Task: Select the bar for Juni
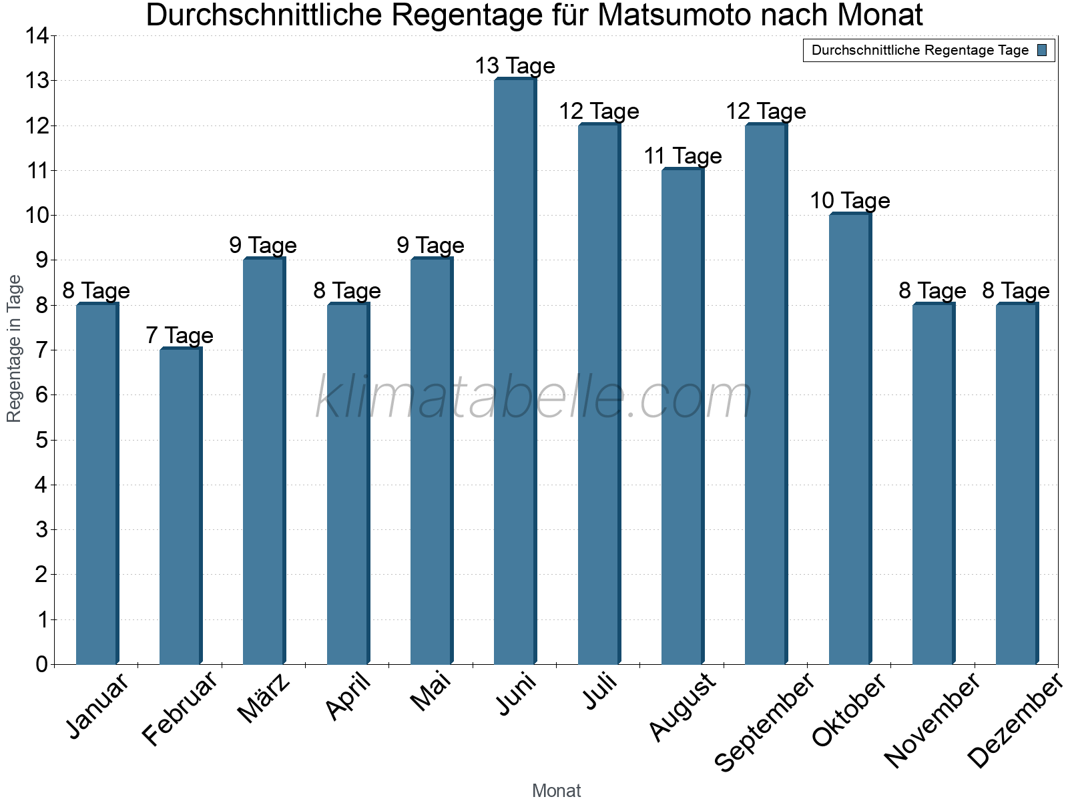pyautogui.click(x=515, y=371)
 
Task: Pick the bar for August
pyautogui.click(x=682, y=417)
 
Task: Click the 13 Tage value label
pyautogui.click(x=515, y=66)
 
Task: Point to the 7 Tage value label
pyautogui.click(x=180, y=335)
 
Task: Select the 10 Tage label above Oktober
pyautogui.click(x=850, y=200)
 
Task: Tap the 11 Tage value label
pyautogui.click(x=682, y=156)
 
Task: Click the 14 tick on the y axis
pyautogui.click(x=37, y=36)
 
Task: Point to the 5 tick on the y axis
pyautogui.click(x=41, y=440)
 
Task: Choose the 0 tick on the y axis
pyautogui.click(x=41, y=664)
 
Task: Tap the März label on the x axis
pyautogui.click(x=264, y=698)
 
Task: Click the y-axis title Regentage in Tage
pyautogui.click(x=14, y=348)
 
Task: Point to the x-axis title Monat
pyautogui.click(x=556, y=790)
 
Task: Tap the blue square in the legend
pyautogui.click(x=1042, y=50)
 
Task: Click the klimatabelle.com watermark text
pyautogui.click(x=533, y=397)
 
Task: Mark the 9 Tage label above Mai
pyautogui.click(x=431, y=245)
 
